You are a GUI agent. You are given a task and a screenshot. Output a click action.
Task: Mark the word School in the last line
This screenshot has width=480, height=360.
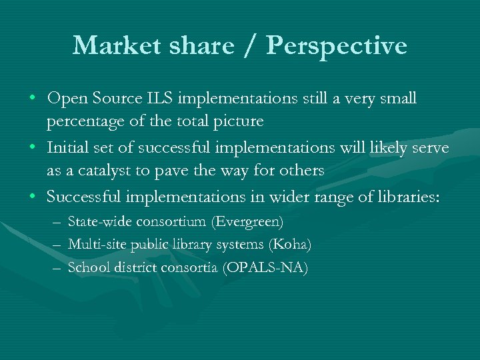87,268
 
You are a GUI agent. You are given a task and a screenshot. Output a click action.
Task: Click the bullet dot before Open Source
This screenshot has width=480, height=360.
33,99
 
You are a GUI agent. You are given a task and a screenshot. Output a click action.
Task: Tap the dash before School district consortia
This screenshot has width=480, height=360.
55,268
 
